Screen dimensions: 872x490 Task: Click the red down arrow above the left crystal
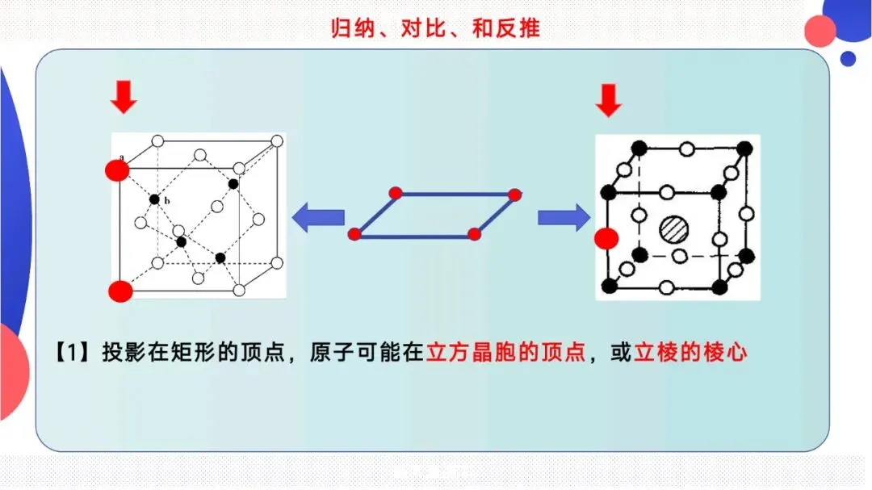124,97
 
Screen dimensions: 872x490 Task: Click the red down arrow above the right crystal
608,100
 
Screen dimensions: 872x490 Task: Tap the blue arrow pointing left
317,217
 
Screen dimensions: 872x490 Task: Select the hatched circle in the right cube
673,228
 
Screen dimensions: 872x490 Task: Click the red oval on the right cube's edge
606,239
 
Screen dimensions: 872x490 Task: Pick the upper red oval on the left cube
116,170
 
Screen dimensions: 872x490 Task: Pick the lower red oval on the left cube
119,291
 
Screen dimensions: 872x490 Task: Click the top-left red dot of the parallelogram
395,192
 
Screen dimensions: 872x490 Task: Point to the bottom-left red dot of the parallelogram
354,234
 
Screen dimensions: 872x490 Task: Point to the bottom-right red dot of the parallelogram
474,234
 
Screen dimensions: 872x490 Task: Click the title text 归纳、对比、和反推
435,29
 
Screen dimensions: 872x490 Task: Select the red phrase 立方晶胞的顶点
505,353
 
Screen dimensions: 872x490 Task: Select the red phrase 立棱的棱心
691,353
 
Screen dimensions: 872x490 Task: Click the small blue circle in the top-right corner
848,58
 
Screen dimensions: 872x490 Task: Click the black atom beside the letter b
154,199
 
